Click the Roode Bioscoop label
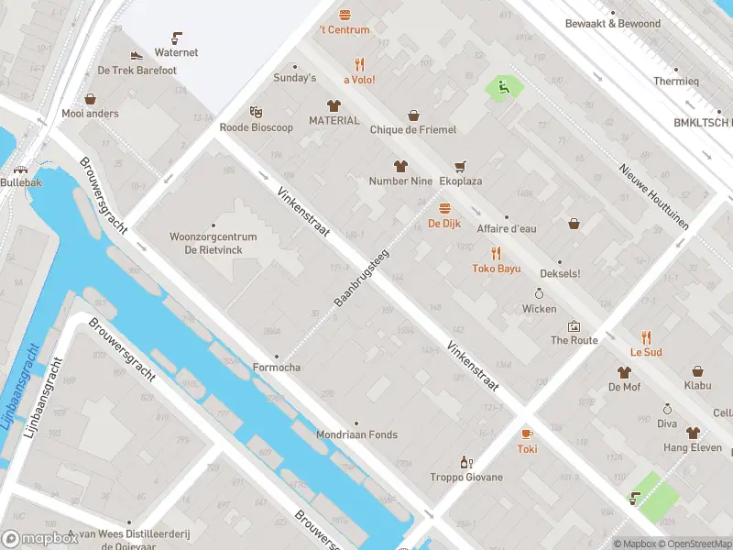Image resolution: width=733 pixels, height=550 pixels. point(257,127)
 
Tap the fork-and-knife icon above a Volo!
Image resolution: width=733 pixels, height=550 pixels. point(360,64)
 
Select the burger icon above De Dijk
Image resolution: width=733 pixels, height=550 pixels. point(444,208)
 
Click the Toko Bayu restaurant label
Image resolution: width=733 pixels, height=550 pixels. point(496,269)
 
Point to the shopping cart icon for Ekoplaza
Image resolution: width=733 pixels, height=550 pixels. point(460,166)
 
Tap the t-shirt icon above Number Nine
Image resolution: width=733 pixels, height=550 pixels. point(400,166)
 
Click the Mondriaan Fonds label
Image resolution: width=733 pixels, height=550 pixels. point(357,434)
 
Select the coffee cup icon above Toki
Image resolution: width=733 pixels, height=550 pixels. point(527,434)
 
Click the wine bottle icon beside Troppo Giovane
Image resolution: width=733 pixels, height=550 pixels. point(466,462)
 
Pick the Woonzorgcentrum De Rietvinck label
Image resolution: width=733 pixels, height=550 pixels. point(213,243)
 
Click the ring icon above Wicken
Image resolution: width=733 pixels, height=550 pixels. point(540,293)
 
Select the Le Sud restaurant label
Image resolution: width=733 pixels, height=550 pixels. point(646,352)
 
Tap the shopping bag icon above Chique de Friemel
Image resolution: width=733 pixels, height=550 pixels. point(413,115)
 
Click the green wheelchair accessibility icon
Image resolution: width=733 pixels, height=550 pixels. point(503,87)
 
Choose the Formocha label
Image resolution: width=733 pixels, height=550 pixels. point(277,368)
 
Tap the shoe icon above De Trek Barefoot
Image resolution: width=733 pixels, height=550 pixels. point(137,56)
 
